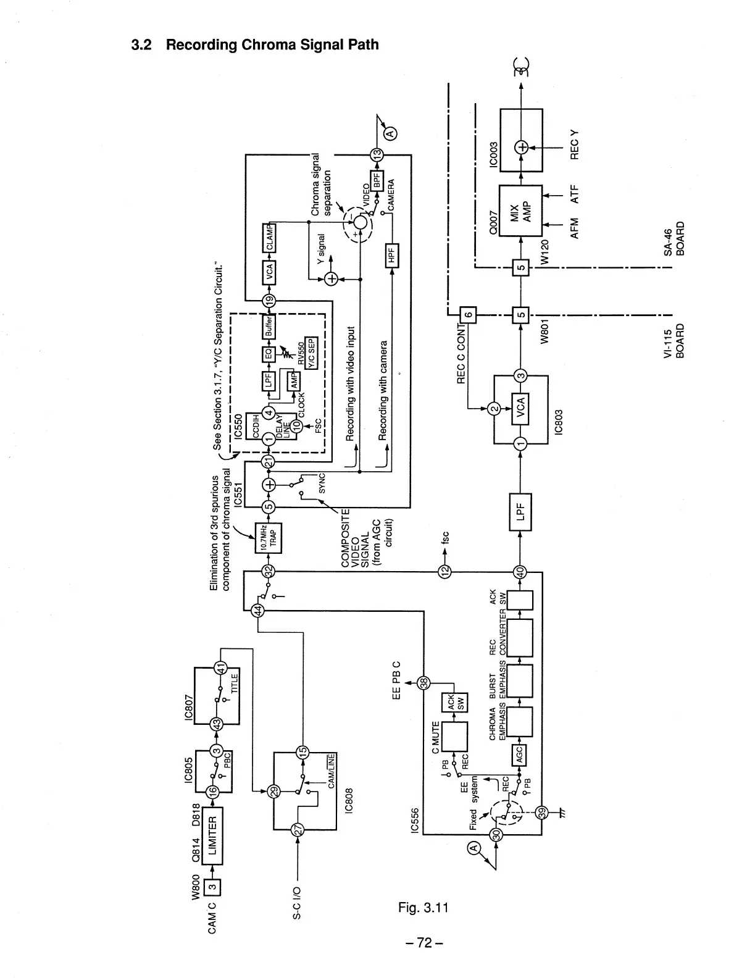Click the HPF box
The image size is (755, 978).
pos(391,254)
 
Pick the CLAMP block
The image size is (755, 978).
pos(269,238)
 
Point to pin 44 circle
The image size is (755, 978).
pos(259,610)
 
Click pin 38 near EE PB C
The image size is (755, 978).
pos(424,682)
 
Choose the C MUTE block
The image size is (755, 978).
pos(454,737)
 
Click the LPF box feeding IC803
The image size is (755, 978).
pos(520,512)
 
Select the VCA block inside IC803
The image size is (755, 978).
pos(520,408)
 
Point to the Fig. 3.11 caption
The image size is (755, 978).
pos(423,907)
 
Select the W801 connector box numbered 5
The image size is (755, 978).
pos(520,315)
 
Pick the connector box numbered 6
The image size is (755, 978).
pos(468,315)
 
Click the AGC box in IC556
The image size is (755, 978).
pos(520,753)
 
